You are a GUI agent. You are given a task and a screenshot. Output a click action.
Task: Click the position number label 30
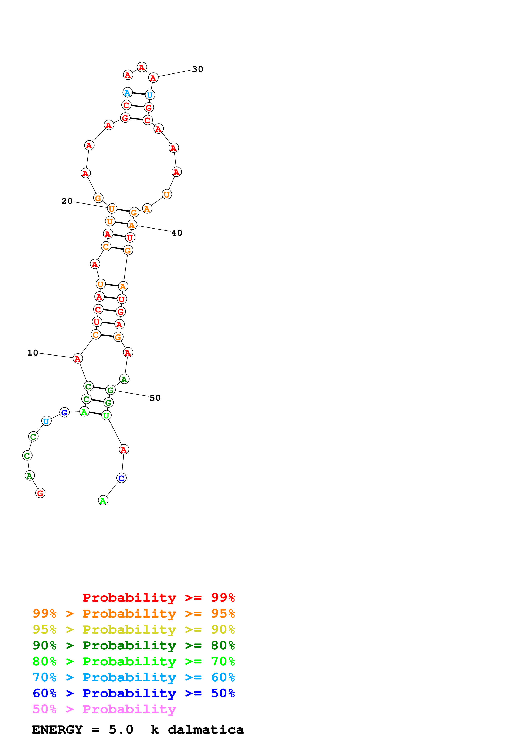(x=197, y=69)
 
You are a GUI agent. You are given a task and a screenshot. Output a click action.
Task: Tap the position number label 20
(x=67, y=201)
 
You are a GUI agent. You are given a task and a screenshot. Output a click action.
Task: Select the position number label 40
(x=177, y=233)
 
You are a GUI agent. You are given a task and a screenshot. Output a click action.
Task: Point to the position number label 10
(x=33, y=353)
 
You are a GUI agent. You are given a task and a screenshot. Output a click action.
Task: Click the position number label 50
(x=155, y=398)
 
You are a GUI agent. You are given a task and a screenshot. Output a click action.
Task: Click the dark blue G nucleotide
(x=64, y=412)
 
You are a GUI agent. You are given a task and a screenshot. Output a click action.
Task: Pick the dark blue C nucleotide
(x=121, y=478)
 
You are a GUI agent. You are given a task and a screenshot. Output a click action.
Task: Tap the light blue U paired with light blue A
(x=150, y=95)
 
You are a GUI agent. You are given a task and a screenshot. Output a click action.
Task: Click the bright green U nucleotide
(x=106, y=415)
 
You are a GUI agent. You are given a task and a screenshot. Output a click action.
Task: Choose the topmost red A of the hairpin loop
(x=142, y=67)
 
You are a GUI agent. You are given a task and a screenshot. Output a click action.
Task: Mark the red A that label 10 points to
(x=78, y=358)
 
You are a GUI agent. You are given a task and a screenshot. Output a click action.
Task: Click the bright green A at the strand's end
(x=103, y=501)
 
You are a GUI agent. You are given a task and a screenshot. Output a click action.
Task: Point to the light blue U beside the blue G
(x=46, y=421)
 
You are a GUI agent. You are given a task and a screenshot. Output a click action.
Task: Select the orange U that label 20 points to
(x=112, y=209)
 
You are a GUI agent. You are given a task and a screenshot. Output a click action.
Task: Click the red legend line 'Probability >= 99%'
(x=158, y=598)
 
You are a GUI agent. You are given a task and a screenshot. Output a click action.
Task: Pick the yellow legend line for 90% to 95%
(x=134, y=629)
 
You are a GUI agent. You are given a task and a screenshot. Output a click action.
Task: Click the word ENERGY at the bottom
(x=57, y=730)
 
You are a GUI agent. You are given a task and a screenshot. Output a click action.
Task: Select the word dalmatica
(x=206, y=730)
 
